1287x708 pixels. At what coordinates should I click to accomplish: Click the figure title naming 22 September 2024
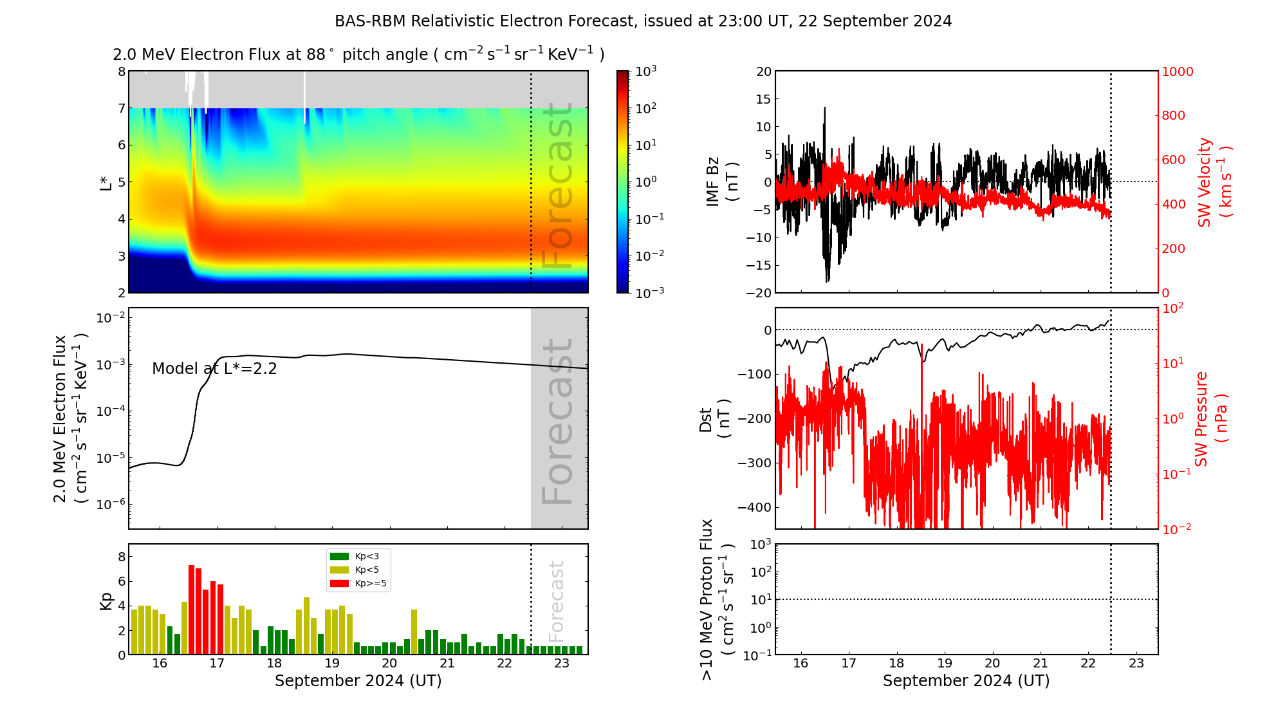pos(643,21)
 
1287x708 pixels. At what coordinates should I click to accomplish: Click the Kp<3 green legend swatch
pos(339,556)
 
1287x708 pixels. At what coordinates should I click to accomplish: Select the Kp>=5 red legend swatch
pos(339,583)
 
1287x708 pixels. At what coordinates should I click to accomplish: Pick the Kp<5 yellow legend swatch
pos(339,570)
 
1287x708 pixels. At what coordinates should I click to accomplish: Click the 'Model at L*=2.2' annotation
pos(214,369)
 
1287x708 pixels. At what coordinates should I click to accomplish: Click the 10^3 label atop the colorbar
pos(645,71)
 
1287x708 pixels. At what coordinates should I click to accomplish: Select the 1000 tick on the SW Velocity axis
pos(1177,72)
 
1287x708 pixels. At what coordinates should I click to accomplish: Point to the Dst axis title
pos(714,419)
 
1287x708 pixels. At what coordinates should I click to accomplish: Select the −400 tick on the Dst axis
pos(755,507)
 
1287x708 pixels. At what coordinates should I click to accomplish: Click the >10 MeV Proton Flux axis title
pos(717,599)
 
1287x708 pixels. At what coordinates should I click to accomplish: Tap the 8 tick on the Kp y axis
pos(122,557)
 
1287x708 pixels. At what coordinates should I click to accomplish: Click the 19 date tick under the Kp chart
pos(332,664)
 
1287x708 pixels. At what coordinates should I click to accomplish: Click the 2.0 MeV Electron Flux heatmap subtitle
pos(358,55)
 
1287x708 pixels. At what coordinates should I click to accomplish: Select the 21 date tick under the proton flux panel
pos(1041,664)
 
